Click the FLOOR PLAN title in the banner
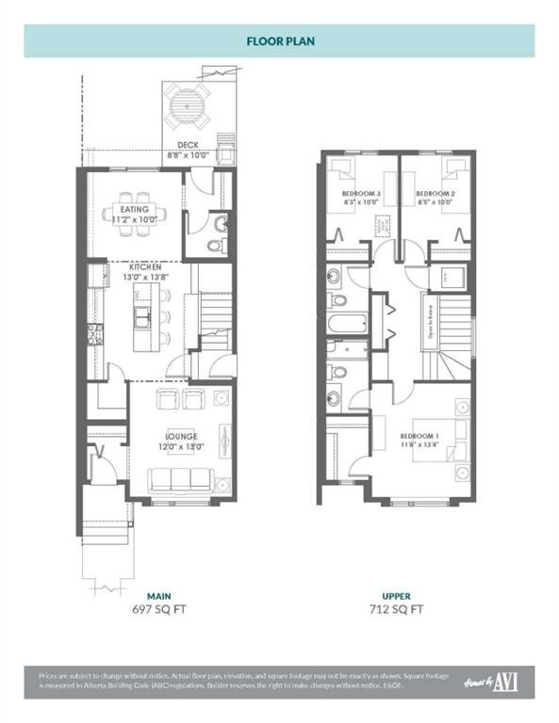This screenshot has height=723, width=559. (279, 41)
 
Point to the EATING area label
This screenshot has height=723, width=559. (135, 210)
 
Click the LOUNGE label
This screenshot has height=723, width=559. (180, 437)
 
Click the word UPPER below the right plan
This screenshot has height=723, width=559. (396, 596)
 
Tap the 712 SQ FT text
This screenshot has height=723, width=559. (396, 609)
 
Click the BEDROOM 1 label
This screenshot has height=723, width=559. (419, 436)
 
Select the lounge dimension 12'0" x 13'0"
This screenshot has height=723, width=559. (180, 447)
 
